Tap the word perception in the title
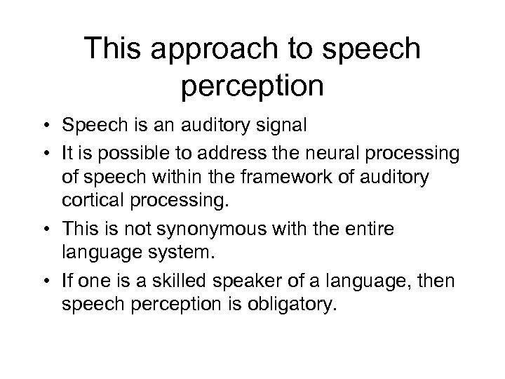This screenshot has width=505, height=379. coord(252,88)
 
